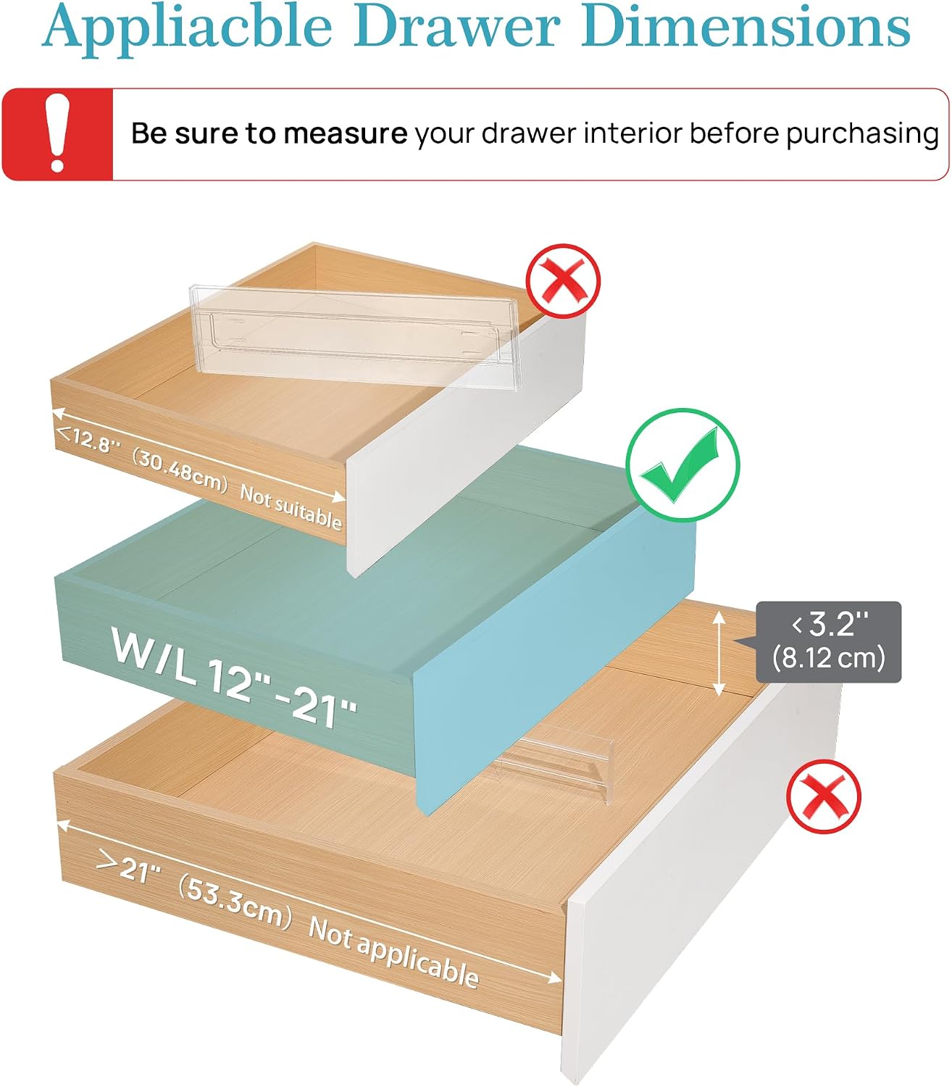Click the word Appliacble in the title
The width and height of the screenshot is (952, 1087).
187,28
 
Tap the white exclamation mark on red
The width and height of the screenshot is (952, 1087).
57,133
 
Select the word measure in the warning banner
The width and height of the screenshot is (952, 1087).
345,134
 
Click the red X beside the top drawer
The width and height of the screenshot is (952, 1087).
563,280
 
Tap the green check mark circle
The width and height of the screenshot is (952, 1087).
682,465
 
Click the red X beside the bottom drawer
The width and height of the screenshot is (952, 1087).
824,796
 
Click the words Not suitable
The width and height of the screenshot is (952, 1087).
291,508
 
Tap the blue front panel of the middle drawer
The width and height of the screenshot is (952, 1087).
555,660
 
